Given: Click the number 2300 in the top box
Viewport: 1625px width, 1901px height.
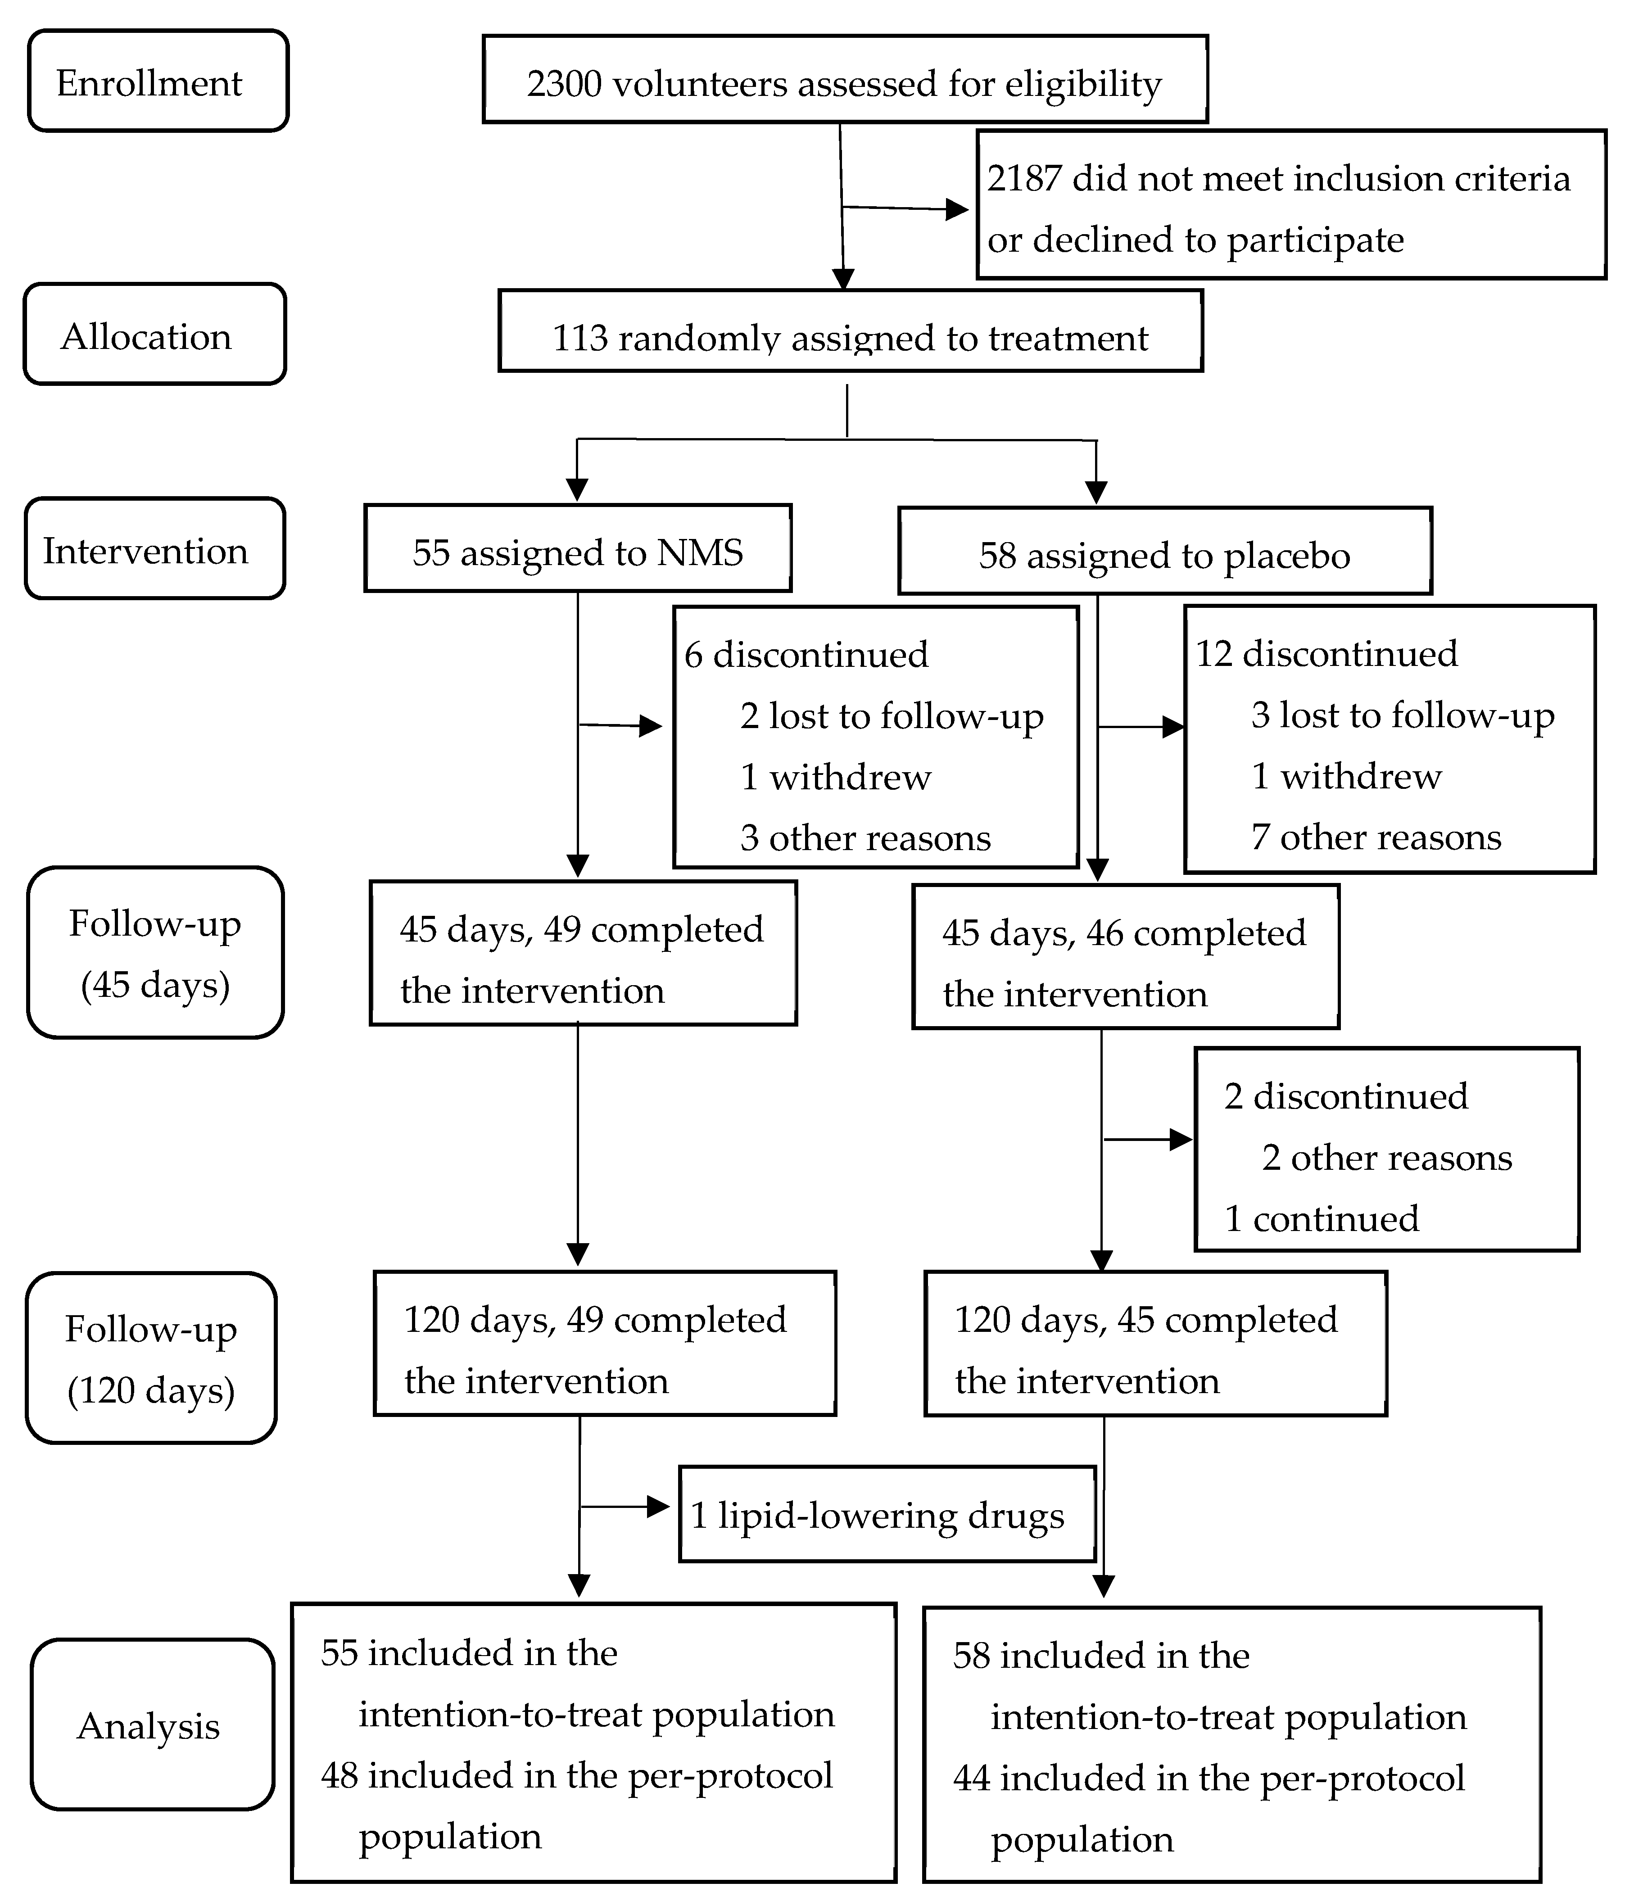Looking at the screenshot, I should pos(563,83).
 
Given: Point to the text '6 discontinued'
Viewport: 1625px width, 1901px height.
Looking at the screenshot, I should pos(806,654).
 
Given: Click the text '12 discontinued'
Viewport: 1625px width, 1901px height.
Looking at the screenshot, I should pos(1326,653).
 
